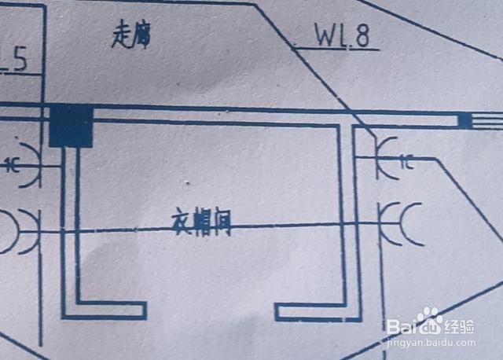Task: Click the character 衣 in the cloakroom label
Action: pyautogui.click(x=181, y=223)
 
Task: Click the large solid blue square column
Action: pyautogui.click(x=71, y=125)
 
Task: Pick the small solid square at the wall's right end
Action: pyautogui.click(x=464, y=120)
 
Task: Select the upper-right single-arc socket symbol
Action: pyautogui.click(x=386, y=160)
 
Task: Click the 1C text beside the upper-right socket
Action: pyautogui.click(x=407, y=163)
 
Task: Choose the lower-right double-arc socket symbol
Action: pyautogui.click(x=399, y=224)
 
